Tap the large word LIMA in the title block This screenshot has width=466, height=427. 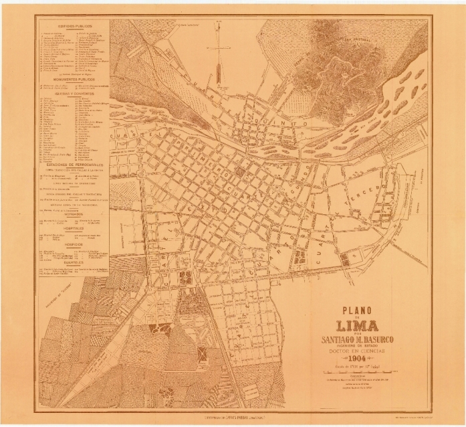(x=359, y=326)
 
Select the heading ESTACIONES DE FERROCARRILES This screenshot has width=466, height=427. (x=73, y=165)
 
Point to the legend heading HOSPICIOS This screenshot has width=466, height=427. (x=73, y=244)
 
